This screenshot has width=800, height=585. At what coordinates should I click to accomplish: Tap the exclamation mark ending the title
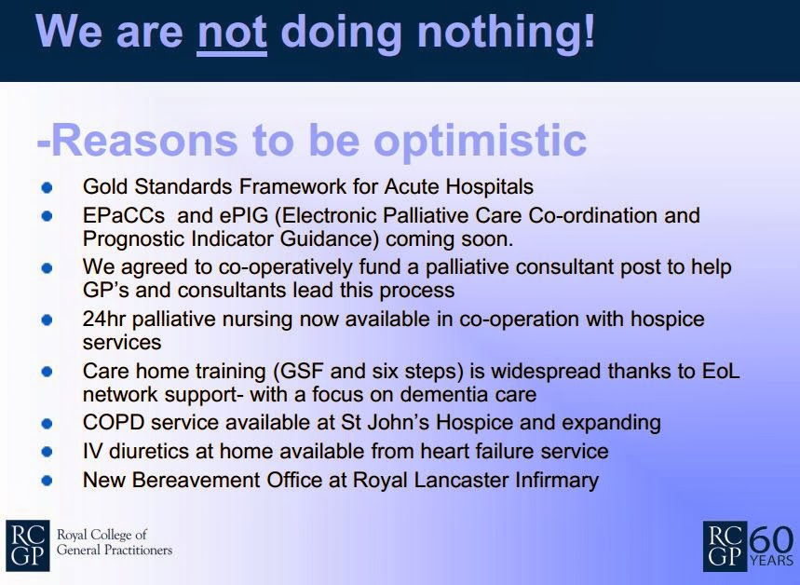(x=589, y=31)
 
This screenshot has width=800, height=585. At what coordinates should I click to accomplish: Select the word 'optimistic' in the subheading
(x=481, y=141)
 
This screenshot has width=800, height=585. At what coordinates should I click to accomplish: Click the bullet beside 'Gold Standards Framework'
(x=47, y=187)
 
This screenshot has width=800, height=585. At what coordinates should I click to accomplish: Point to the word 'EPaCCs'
(x=124, y=215)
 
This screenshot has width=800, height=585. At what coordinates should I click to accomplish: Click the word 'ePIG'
(x=244, y=216)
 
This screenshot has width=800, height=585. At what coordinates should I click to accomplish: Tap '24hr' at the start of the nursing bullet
(x=103, y=319)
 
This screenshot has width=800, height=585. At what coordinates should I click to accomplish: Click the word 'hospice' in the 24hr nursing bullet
(x=668, y=320)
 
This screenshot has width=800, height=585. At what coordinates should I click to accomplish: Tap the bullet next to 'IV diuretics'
(x=47, y=452)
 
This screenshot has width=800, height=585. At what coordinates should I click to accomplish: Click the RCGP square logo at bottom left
(x=28, y=545)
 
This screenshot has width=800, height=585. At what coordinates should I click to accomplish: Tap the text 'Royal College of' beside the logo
(x=102, y=535)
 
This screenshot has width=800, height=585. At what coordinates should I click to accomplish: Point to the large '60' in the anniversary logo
(x=771, y=540)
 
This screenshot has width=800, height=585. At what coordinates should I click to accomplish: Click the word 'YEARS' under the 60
(x=771, y=561)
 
